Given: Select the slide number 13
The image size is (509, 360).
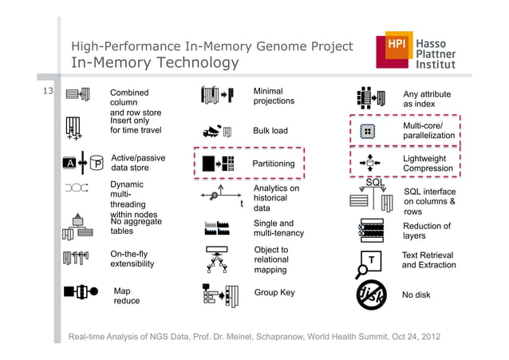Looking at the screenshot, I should (47, 92).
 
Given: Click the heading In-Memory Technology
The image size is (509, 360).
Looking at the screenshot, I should (155, 63).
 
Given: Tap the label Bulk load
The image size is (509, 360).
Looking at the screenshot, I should (270, 131).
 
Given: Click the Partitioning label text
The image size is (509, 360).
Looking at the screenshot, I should (273, 164).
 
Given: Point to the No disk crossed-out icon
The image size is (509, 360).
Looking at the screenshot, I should (371, 295).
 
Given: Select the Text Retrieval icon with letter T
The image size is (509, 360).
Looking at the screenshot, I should (371, 262).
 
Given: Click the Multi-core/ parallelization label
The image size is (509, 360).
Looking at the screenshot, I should (428, 131).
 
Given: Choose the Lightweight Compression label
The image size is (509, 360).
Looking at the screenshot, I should (428, 164).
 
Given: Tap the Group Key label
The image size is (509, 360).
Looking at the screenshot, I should (274, 293).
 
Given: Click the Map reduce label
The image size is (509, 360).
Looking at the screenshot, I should (126, 296).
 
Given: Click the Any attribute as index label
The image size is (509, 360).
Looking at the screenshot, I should (427, 99).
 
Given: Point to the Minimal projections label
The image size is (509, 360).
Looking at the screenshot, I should (274, 96).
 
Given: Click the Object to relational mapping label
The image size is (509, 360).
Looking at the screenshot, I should (270, 260).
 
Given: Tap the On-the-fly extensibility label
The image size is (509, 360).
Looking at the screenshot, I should (132, 259).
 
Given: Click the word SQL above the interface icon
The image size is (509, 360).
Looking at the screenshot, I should (375, 183).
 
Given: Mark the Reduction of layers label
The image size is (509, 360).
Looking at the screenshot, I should (427, 231).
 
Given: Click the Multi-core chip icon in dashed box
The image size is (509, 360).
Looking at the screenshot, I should (369, 131).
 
